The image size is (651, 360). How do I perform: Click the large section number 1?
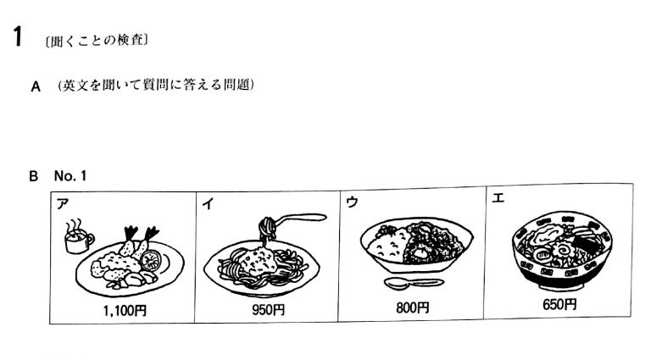(17, 36)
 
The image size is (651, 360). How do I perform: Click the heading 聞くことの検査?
(97, 41)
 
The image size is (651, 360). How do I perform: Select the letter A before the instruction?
(36, 86)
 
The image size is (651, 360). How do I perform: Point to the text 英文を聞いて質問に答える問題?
(156, 85)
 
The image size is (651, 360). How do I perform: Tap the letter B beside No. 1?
(34, 176)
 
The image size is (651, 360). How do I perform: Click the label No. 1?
(70, 176)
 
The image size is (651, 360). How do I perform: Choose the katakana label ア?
(62, 203)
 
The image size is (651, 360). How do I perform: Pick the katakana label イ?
(208, 203)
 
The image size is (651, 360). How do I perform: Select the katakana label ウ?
(352, 202)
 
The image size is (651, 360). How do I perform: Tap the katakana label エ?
(498, 198)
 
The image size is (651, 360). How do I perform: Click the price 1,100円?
(125, 311)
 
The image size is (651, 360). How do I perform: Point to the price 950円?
(268, 310)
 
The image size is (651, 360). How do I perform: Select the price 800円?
(412, 307)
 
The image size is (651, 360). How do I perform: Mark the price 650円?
(559, 304)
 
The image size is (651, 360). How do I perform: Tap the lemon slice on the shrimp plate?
(149, 260)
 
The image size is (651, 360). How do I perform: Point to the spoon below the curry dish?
(414, 284)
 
